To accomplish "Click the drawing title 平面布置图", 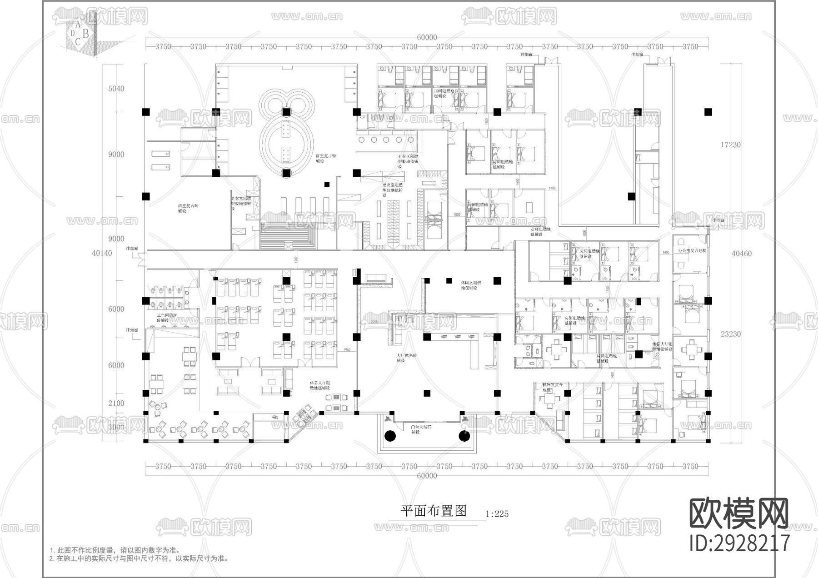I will (434, 511).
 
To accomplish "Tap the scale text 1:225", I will (497, 514).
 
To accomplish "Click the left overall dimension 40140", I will (102, 253).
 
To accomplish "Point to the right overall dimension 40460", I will (741, 254).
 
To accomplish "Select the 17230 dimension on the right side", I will (730, 144).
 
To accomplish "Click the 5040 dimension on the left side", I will (116, 89).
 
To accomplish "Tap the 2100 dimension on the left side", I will (116, 403).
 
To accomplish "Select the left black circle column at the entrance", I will (390, 436).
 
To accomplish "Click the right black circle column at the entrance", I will (464, 436).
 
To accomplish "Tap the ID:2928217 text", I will (739, 543).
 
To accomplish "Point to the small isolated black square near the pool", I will (327, 184).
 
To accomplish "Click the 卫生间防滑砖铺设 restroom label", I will (164, 318).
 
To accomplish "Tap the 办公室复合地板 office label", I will (692, 250).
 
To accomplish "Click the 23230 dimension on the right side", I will (730, 334).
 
